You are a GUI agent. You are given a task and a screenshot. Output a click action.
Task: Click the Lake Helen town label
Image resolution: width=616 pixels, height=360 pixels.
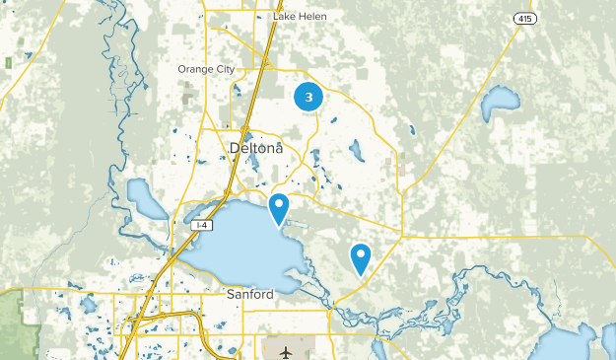pos(300,17)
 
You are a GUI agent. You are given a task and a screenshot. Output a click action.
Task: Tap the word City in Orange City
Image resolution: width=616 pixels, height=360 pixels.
pos(222,69)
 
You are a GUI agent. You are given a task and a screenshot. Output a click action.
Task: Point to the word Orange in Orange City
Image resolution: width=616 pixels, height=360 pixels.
pos(194,69)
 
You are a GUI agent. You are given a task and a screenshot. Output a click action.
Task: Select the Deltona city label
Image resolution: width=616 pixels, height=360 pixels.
pos(255,149)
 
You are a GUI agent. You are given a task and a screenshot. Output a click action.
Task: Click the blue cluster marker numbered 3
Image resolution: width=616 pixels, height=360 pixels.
pos(309,98)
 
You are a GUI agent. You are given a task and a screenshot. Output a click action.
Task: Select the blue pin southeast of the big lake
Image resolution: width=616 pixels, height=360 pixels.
pos(361,258)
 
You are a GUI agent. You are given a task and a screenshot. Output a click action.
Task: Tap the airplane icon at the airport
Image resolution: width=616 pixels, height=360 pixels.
pos(286,351)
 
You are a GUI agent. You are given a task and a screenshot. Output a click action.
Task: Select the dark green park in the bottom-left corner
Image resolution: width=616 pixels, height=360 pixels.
pos(12,325)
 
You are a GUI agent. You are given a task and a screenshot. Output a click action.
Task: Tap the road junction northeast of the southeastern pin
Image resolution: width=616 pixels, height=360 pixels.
pos(402,236)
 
